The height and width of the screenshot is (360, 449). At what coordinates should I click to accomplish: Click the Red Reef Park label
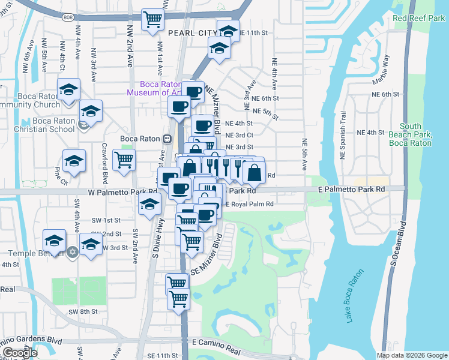tap(418, 19)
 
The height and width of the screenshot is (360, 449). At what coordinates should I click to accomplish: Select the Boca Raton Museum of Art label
tap(157, 88)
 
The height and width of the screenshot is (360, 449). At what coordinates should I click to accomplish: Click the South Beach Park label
tap(411, 135)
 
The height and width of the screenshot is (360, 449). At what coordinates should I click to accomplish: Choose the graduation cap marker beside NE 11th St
tap(228, 31)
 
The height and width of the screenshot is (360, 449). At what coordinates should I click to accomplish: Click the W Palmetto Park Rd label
tap(122, 193)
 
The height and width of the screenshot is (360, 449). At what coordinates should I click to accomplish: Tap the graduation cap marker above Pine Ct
tap(74, 161)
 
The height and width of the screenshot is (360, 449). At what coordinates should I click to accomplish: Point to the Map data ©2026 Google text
tap(411, 355)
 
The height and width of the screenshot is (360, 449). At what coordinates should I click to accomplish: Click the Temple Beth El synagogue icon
tap(73, 251)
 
